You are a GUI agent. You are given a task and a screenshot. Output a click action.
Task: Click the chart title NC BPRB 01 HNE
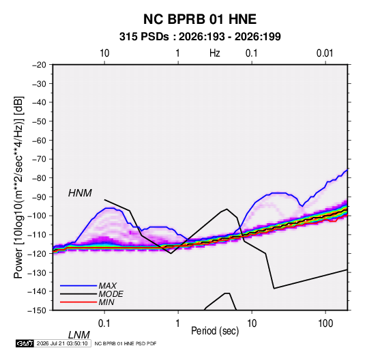click(x=200, y=19)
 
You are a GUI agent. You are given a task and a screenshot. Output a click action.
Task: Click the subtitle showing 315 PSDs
click(x=200, y=37)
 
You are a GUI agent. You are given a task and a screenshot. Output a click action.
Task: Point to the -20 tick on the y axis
click(x=39, y=65)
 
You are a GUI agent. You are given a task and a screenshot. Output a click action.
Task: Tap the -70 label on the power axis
click(x=39, y=159)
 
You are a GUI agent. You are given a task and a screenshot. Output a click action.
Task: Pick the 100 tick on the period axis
click(x=325, y=323)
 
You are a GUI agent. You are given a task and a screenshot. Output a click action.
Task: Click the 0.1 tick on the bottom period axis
click(x=104, y=323)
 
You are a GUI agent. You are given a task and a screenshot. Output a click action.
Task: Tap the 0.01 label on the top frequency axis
click(x=325, y=53)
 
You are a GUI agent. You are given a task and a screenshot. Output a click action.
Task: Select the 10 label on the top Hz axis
click(x=104, y=53)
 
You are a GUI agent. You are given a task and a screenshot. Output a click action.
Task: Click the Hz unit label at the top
click(x=215, y=53)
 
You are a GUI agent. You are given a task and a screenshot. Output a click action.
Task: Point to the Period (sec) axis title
click(x=215, y=331)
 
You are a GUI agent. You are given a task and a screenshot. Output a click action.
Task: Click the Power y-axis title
click(x=18, y=188)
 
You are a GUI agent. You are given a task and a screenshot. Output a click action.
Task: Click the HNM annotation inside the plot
click(x=80, y=193)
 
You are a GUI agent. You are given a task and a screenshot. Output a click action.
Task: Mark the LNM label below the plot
click(x=78, y=335)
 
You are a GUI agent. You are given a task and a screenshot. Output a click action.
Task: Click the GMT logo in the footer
click(x=25, y=343)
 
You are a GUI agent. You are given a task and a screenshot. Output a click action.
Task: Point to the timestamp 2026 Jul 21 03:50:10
click(x=62, y=343)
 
